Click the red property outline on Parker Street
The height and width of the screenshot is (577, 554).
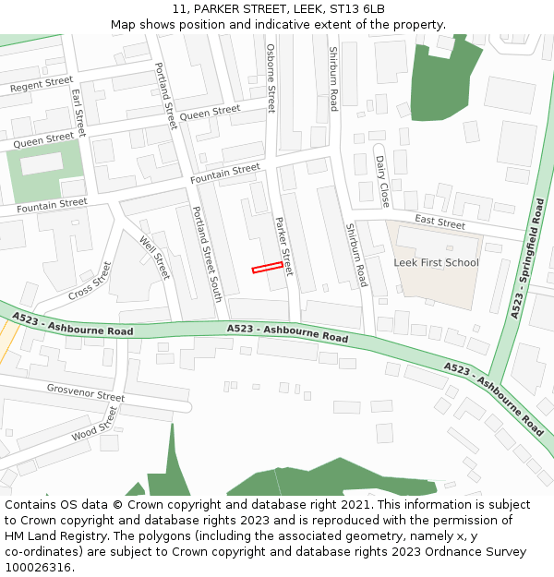pos(267,268)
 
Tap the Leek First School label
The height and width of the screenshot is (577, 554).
pos(436,262)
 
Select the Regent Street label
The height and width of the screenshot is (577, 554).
pos(41,85)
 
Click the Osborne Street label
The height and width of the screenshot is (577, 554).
pos(271,78)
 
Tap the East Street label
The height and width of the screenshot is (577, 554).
pos(440,222)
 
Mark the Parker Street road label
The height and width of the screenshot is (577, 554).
pos(283,246)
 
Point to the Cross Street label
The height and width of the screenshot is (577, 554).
pos(90,281)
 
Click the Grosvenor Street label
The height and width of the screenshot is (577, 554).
pos(85,392)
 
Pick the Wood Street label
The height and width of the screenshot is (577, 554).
pos(95,426)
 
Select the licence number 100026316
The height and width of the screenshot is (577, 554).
pos(38,568)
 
